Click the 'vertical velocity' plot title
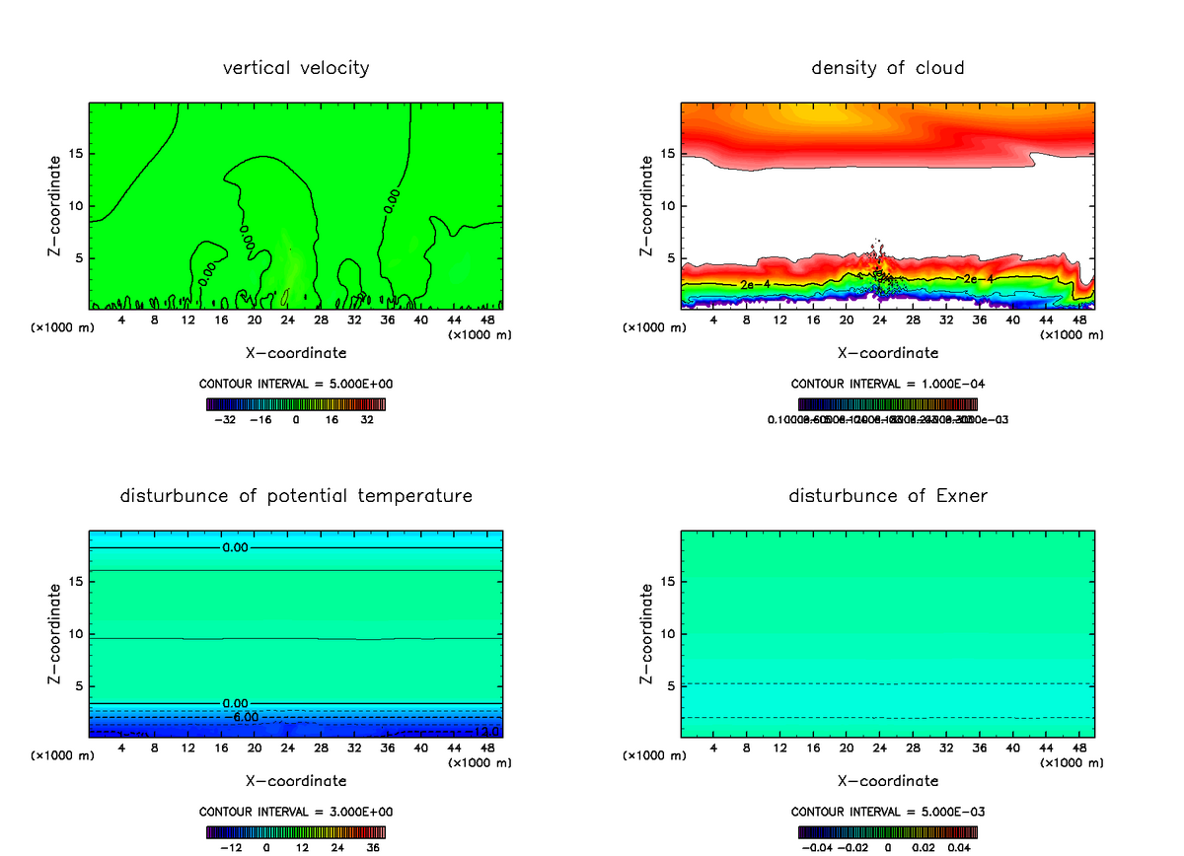pos(296,68)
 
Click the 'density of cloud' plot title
pos(887,68)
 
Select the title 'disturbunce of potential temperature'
pos(296,495)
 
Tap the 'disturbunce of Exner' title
pos(887,495)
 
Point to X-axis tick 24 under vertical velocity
pos(287,320)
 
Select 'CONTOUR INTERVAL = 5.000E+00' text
pos(296,384)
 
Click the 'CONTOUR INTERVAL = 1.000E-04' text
pos(887,384)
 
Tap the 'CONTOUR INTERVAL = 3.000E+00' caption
pos(296,812)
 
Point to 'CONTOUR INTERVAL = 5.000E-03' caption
pos(887,812)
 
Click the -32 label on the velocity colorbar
pos(227,419)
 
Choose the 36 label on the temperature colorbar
pos(373,847)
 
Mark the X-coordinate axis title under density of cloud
pos(887,352)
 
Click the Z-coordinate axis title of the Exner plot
pos(647,634)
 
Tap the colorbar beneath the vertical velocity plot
pos(296,403)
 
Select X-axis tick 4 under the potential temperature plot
pos(121,747)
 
